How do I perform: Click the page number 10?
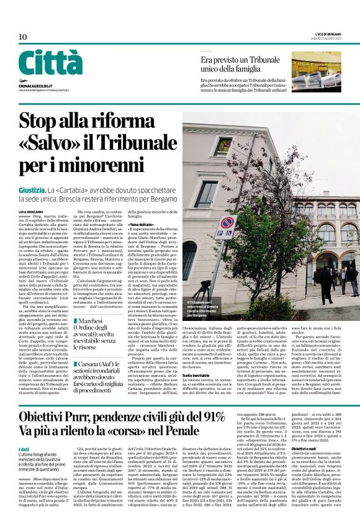tap(23, 37)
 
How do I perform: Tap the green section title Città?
tap(50, 63)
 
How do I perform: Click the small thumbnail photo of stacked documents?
tap(316, 70)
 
